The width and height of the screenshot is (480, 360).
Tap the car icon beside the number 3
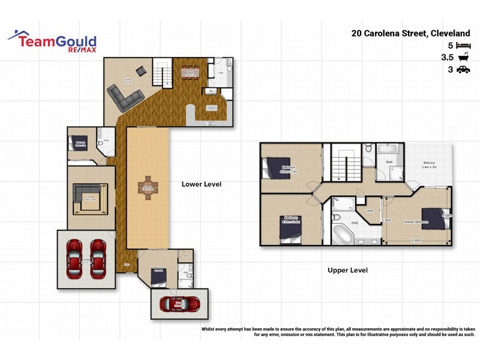[x=463, y=70]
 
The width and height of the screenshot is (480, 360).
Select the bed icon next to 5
[x=463, y=45]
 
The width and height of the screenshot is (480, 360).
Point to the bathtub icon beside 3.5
[x=463, y=58]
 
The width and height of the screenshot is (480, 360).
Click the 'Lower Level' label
[x=202, y=184]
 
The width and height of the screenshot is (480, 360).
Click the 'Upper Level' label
[x=347, y=271]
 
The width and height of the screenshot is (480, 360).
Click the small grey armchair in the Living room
[x=140, y=71]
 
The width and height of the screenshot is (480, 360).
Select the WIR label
[x=370, y=211]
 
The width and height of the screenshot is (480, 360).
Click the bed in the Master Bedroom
[x=435, y=219]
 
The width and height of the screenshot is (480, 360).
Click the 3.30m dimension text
[x=387, y=220]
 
